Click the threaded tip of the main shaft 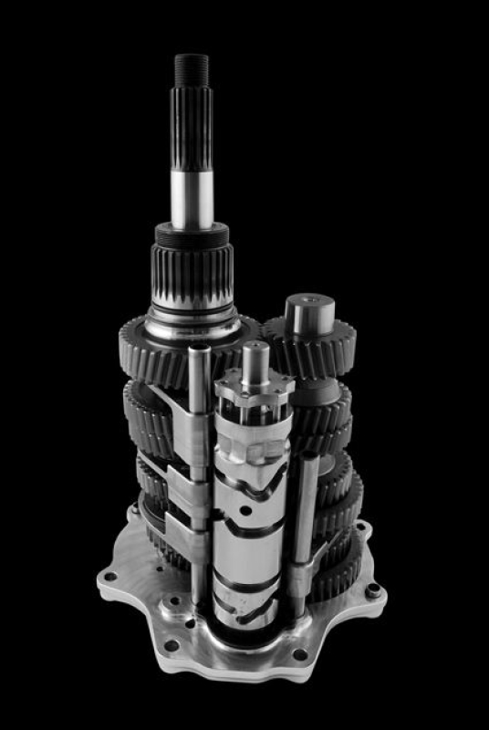192,68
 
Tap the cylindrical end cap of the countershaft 305,315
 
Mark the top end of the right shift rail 309,462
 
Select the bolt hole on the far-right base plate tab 373,592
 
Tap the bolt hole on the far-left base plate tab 109,577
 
